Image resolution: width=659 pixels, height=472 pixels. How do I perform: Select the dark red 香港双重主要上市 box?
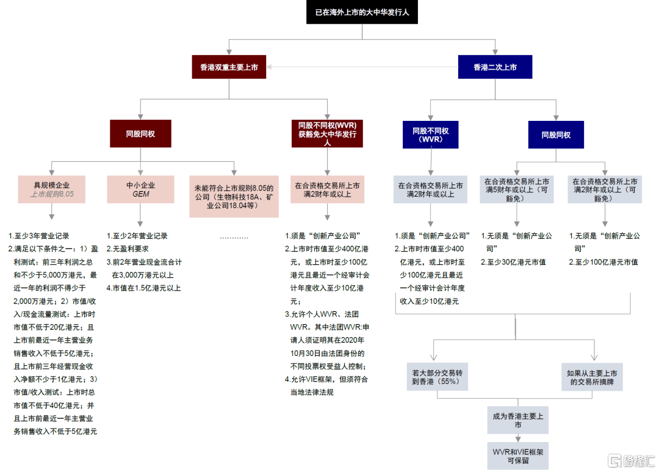(229, 67)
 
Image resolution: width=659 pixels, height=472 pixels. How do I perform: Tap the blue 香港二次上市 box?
(495, 67)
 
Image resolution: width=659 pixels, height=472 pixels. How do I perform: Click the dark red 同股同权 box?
(140, 133)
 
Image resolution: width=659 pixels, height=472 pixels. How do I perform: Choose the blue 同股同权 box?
(556, 134)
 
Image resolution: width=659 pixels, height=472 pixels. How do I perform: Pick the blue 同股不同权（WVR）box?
(430, 134)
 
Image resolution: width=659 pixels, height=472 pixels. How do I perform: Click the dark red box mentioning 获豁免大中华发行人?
(327, 133)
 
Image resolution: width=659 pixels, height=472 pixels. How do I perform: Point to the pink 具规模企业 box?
(52, 190)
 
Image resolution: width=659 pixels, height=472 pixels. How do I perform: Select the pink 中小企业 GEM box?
(137, 190)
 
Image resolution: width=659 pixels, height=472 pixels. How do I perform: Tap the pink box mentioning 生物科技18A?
(234, 197)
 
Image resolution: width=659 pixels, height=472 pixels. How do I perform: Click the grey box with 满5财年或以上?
(517, 190)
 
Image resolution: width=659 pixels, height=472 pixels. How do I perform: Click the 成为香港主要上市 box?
(517, 420)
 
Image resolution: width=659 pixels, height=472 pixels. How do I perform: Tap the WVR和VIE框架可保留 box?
(517, 456)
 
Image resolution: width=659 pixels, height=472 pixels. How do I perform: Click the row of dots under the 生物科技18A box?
(234, 236)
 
